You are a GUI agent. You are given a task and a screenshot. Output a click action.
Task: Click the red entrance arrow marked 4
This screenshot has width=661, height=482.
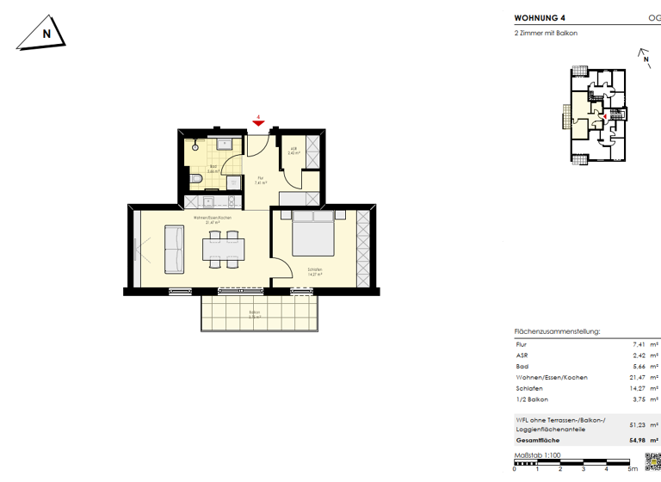(258, 123)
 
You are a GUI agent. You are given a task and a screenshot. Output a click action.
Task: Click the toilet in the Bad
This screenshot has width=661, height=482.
(196, 178)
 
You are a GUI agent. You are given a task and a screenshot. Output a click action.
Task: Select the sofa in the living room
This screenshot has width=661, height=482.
(174, 249)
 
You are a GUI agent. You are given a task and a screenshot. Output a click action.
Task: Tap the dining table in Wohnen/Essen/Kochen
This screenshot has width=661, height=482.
(224, 250)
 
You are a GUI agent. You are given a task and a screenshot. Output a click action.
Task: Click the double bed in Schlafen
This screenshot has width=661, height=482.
(312, 233)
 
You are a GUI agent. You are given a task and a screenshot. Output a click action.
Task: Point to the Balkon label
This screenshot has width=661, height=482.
(254, 312)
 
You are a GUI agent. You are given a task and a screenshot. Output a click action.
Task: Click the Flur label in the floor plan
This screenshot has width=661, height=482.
(261, 178)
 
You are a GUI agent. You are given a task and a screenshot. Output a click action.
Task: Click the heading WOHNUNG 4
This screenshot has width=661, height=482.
(540, 16)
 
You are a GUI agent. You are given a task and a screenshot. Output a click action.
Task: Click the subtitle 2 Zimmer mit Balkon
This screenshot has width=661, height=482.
(546, 34)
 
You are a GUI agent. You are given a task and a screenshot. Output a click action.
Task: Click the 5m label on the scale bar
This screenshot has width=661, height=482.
(633, 470)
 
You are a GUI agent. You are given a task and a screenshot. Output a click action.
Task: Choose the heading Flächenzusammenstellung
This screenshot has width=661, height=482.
(557, 331)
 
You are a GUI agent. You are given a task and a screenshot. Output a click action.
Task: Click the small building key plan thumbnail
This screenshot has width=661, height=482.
(596, 114)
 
